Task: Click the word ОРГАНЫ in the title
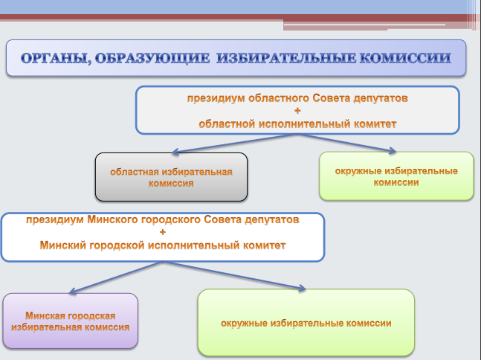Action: click(x=57, y=58)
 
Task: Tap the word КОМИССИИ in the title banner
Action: click(x=405, y=58)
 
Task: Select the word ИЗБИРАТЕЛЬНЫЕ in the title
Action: click(x=286, y=58)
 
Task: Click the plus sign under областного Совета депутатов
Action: click(x=297, y=111)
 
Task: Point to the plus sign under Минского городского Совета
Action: click(x=163, y=232)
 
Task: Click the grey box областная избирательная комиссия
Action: click(x=171, y=177)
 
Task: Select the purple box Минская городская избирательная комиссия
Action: click(x=70, y=321)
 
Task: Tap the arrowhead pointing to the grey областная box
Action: click(x=175, y=152)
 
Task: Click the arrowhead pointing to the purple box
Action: click(x=72, y=292)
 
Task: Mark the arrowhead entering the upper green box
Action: click(x=393, y=151)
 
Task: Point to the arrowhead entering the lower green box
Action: click(x=302, y=288)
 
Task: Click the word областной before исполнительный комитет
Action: click(x=227, y=124)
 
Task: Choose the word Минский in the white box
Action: click(x=62, y=245)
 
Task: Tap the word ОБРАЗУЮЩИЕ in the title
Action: click(x=152, y=58)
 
